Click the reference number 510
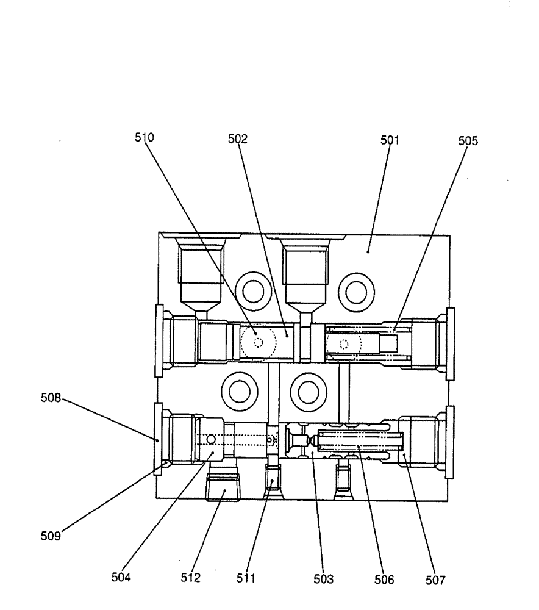(145, 138)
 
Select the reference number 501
(388, 140)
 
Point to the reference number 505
(468, 141)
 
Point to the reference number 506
(388, 578)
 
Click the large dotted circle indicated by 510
(259, 343)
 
